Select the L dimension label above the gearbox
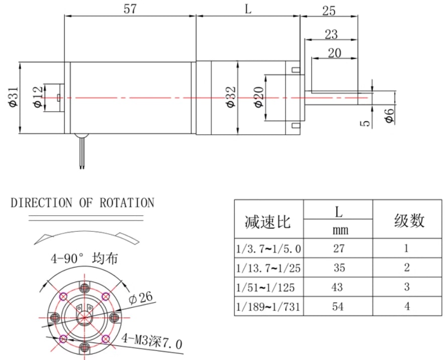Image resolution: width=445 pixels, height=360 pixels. (x=248, y=9)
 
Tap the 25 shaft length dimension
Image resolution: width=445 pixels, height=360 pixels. (x=329, y=11)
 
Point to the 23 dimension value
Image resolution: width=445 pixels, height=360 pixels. (x=331, y=34)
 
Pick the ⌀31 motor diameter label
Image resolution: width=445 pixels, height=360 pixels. (x=14, y=97)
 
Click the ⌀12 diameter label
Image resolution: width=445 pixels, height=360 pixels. (x=38, y=97)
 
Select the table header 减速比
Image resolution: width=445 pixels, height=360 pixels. (x=268, y=221)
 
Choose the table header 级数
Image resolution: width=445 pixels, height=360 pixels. (x=409, y=220)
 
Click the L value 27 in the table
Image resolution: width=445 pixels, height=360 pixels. (x=338, y=248)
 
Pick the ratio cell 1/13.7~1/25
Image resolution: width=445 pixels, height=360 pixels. (x=268, y=268)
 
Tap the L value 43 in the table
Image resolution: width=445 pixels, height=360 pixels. (x=338, y=287)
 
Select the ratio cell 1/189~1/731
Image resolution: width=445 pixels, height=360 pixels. (x=268, y=306)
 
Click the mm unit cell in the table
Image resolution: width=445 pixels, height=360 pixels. (x=338, y=231)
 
